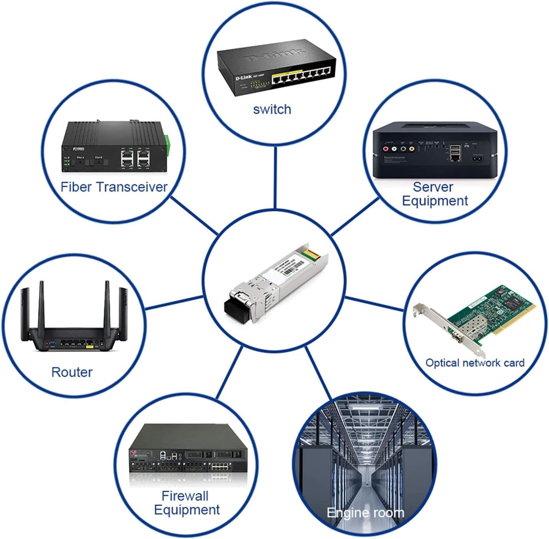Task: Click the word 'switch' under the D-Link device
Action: tap(272, 109)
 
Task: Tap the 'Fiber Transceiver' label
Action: tap(114, 187)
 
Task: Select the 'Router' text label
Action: tap(72, 372)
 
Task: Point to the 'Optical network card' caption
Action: tap(475, 363)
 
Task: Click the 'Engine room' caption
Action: tap(365, 512)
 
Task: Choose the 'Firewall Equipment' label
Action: tap(186, 503)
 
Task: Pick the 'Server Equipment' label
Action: tap(435, 194)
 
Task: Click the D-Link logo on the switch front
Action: tap(243, 78)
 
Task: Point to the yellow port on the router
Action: tap(90, 346)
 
